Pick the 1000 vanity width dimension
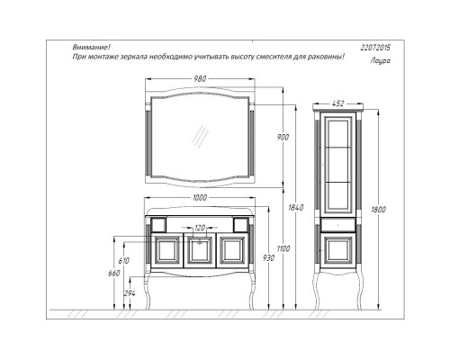(199, 198)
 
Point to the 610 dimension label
(124, 260)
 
